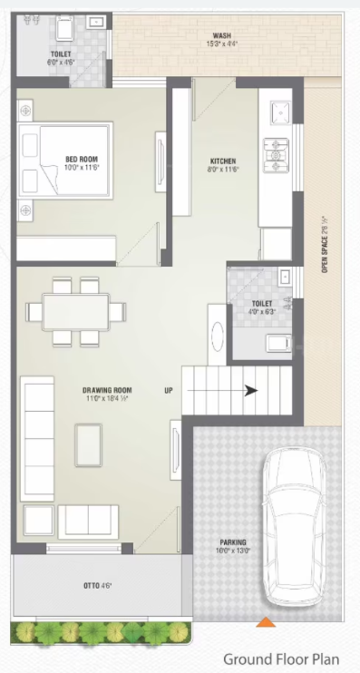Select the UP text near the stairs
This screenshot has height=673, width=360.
[168, 391]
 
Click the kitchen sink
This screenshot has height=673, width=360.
[278, 112]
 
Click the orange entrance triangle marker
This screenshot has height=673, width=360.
[266, 621]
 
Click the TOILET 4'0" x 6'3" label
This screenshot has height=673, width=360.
[261, 308]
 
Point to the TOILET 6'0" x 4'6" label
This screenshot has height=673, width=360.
[61, 59]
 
